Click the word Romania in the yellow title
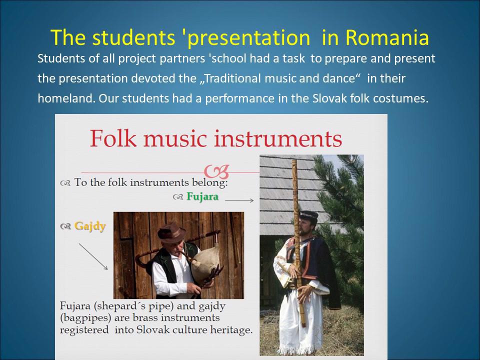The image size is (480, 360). click(387, 37)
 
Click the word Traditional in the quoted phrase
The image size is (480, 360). click(232, 78)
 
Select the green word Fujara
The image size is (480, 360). click(202, 196)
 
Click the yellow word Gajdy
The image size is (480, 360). click(90, 226)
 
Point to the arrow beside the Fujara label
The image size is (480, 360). click(239, 200)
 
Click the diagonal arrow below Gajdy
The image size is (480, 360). click(93, 256)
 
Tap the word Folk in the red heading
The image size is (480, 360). click(113, 138)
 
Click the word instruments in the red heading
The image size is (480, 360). click(277, 138)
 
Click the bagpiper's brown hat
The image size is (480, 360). click(171, 232)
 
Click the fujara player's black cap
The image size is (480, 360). click(309, 215)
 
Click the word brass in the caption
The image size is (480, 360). click(145, 318)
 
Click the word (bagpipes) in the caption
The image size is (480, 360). click(85, 318)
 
